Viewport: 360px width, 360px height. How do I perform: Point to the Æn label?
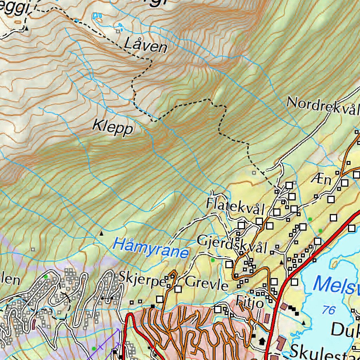(321, 180)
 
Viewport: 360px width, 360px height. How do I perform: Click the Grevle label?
(206, 283)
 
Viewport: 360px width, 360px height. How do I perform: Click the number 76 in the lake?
(328, 310)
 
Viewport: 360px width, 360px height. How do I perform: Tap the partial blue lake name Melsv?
(336, 285)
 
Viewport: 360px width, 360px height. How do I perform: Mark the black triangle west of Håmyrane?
(102, 233)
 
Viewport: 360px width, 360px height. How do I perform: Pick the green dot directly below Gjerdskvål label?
(212, 260)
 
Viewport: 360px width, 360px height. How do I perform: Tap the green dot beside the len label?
(45, 277)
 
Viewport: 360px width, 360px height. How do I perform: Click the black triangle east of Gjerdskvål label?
(281, 262)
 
